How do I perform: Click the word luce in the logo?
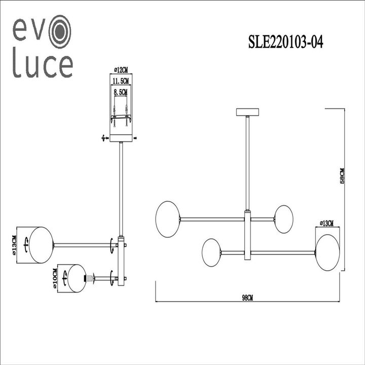click(x=43, y=65)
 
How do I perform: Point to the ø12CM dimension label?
click(x=120, y=69)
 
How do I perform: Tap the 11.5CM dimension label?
click(x=121, y=81)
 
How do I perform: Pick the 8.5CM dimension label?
click(x=121, y=92)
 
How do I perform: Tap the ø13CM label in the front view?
click(x=327, y=223)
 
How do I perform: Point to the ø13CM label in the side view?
click(x=15, y=245)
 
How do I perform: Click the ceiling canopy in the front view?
click(x=247, y=112)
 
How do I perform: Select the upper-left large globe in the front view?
click(x=168, y=218)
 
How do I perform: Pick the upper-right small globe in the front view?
click(x=283, y=219)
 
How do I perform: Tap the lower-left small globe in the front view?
click(x=211, y=252)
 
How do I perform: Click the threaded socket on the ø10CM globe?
click(x=90, y=278)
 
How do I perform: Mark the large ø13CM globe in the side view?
click(x=41, y=245)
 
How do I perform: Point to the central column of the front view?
click(x=247, y=236)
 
